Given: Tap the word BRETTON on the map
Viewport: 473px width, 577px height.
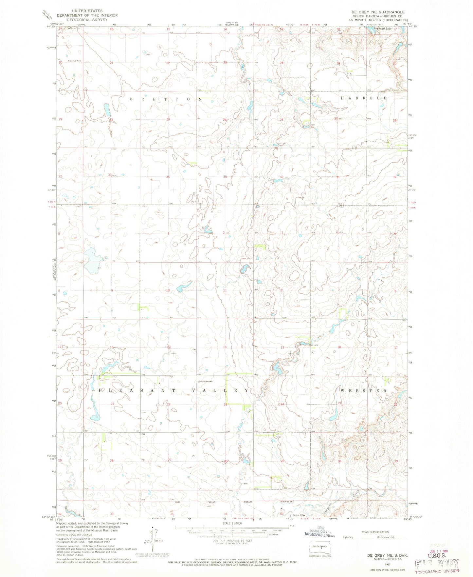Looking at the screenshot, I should tap(166, 99).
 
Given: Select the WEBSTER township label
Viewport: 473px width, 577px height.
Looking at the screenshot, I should tap(364, 391).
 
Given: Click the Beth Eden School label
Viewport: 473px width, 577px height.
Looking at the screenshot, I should tap(206, 381).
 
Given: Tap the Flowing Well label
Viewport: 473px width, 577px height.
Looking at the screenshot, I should tap(74, 61).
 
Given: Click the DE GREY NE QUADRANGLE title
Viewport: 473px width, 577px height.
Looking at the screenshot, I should tap(377, 12).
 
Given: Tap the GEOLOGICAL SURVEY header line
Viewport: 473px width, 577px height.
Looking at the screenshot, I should tap(82, 20).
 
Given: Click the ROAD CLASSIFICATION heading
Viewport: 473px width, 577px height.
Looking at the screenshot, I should tap(375, 532).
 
